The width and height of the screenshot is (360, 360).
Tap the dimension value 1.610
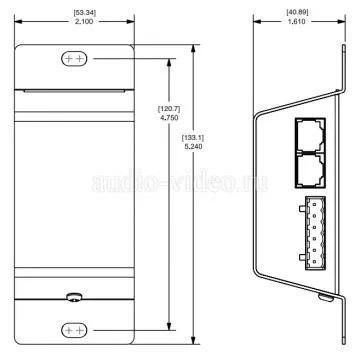(x=297, y=21)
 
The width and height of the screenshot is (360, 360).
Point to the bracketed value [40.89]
(x=297, y=12)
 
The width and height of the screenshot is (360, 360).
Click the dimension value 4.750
(x=169, y=117)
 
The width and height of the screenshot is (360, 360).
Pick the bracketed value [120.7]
(x=169, y=109)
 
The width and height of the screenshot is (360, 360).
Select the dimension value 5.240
(x=193, y=146)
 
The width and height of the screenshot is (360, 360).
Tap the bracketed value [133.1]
(x=193, y=138)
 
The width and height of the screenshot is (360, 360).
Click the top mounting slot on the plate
(x=74, y=59)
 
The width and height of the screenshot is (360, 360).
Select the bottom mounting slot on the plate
(x=74, y=330)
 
